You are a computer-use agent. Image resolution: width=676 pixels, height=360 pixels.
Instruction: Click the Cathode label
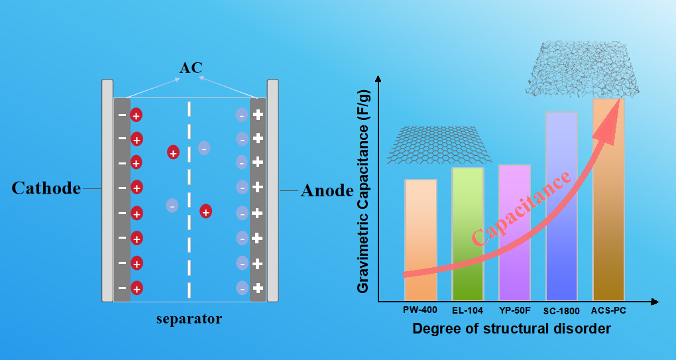[x=46, y=188]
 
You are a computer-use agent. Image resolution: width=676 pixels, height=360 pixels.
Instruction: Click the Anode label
[x=327, y=191]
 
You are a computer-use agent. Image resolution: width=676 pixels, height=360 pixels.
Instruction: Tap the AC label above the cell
[x=190, y=68]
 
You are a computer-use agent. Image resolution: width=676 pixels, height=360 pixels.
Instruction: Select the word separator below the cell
[x=189, y=320]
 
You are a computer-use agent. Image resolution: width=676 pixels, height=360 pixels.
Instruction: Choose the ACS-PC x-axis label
[x=608, y=310]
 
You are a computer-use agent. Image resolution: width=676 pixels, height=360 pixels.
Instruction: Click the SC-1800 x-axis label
[x=561, y=310]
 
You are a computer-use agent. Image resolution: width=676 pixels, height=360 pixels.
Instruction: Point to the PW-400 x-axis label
[x=420, y=310]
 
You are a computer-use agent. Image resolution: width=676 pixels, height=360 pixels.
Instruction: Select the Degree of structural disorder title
[x=511, y=329]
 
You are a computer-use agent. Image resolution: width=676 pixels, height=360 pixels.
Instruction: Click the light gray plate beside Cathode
[x=107, y=190]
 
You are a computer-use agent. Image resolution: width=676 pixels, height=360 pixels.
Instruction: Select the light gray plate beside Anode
[x=272, y=190]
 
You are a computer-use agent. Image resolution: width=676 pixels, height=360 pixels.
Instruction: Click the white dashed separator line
[x=190, y=199]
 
